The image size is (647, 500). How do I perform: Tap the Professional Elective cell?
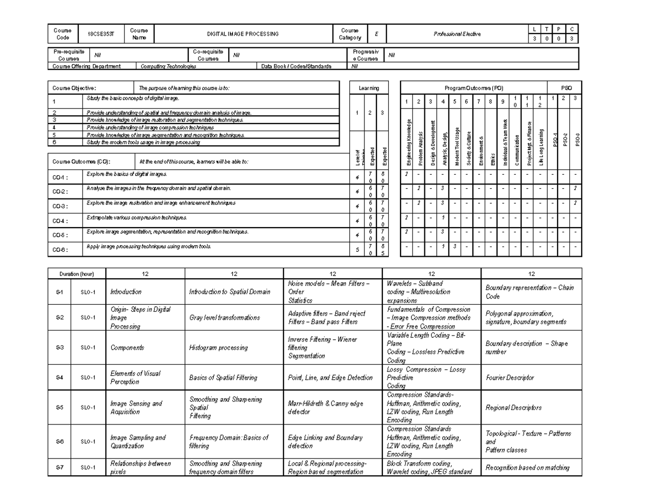point(457,34)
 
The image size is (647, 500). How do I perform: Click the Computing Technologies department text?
point(168,66)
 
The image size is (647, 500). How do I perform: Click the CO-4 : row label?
point(58,221)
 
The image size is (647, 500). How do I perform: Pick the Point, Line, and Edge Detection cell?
point(330,378)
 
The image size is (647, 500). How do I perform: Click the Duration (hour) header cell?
point(77,274)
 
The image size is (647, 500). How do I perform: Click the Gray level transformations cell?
point(224,318)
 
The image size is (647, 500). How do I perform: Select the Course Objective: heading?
point(73,87)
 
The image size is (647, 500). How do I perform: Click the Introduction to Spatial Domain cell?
point(229,292)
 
